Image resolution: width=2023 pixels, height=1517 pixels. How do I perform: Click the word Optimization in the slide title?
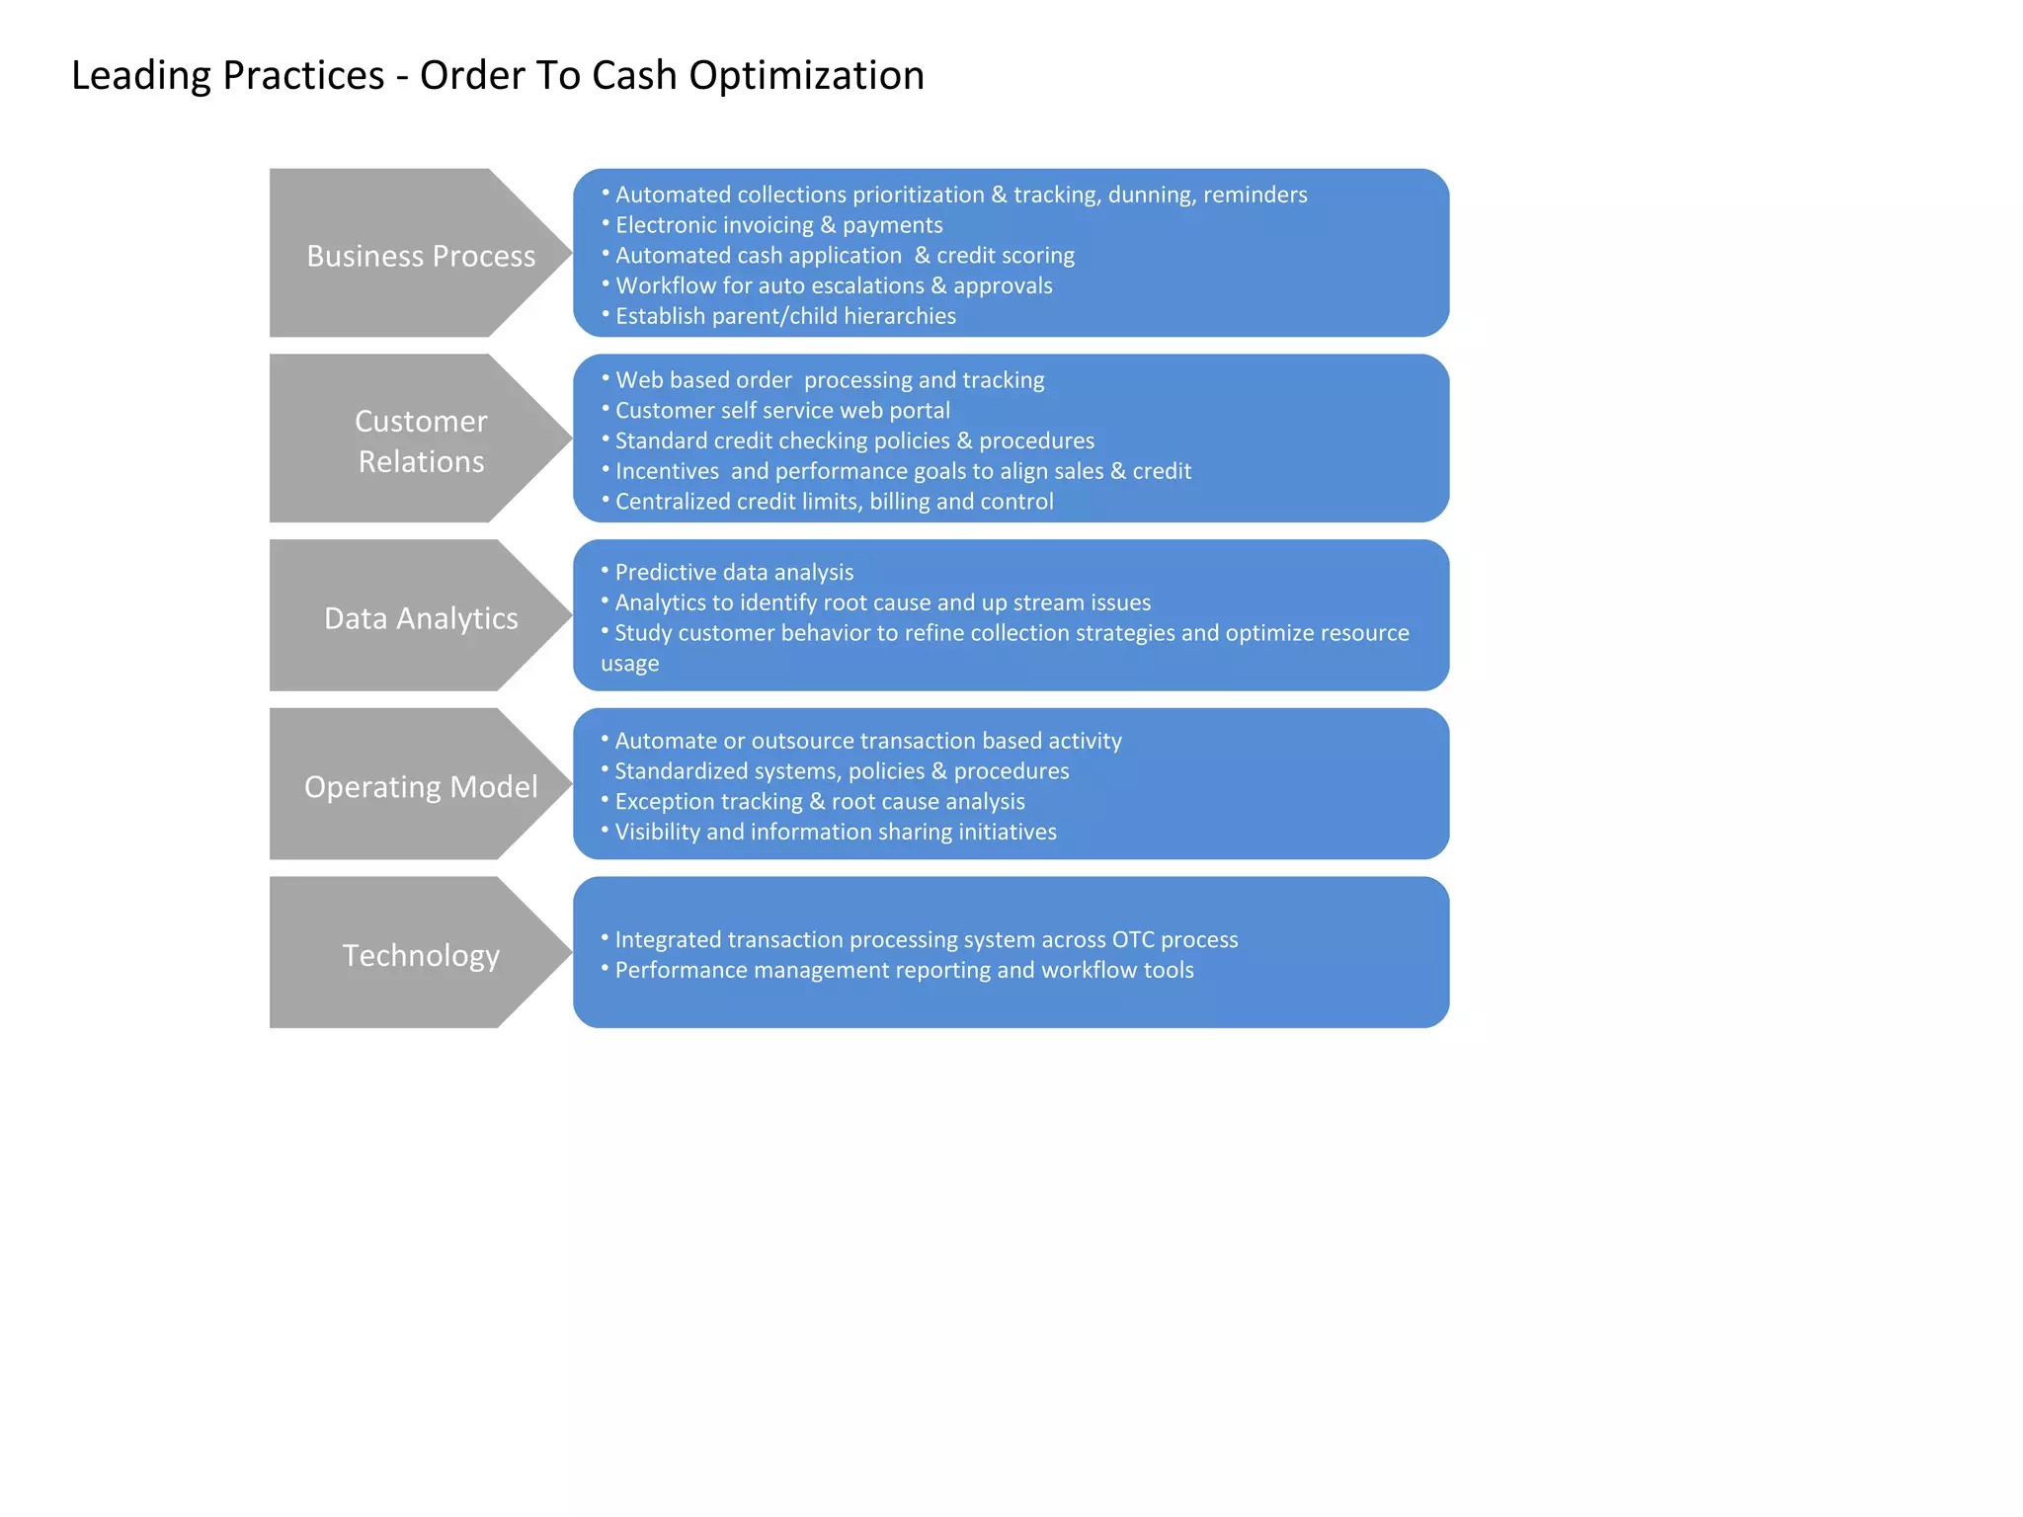click(x=806, y=76)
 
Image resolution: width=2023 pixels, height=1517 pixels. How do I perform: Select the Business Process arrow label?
click(x=421, y=256)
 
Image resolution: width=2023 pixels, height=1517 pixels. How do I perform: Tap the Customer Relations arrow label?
click(x=421, y=441)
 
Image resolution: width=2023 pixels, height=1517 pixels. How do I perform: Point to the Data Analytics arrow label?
click(x=421, y=618)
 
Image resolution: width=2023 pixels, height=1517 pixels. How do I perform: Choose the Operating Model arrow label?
click(x=421, y=787)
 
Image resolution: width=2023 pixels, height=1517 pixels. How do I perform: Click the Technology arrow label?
click(x=421, y=955)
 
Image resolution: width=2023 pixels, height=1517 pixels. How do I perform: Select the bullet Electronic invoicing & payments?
click(x=778, y=225)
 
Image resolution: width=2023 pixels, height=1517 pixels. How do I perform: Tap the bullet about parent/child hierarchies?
click(x=785, y=316)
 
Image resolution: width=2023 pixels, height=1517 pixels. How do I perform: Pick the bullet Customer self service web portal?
click(x=782, y=411)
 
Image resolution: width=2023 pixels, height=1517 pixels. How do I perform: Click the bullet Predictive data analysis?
click(x=734, y=573)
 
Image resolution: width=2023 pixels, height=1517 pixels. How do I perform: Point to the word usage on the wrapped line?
click(x=629, y=664)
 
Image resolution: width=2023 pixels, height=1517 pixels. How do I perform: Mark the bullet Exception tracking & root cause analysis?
click(x=820, y=802)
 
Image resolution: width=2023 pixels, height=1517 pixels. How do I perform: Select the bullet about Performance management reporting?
click(x=904, y=971)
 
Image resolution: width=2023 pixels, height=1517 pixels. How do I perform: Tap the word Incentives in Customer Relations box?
click(x=667, y=471)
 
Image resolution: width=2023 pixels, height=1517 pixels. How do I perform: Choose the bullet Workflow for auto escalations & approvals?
click(x=834, y=286)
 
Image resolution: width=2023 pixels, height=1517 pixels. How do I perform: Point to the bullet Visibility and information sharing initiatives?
click(x=836, y=833)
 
